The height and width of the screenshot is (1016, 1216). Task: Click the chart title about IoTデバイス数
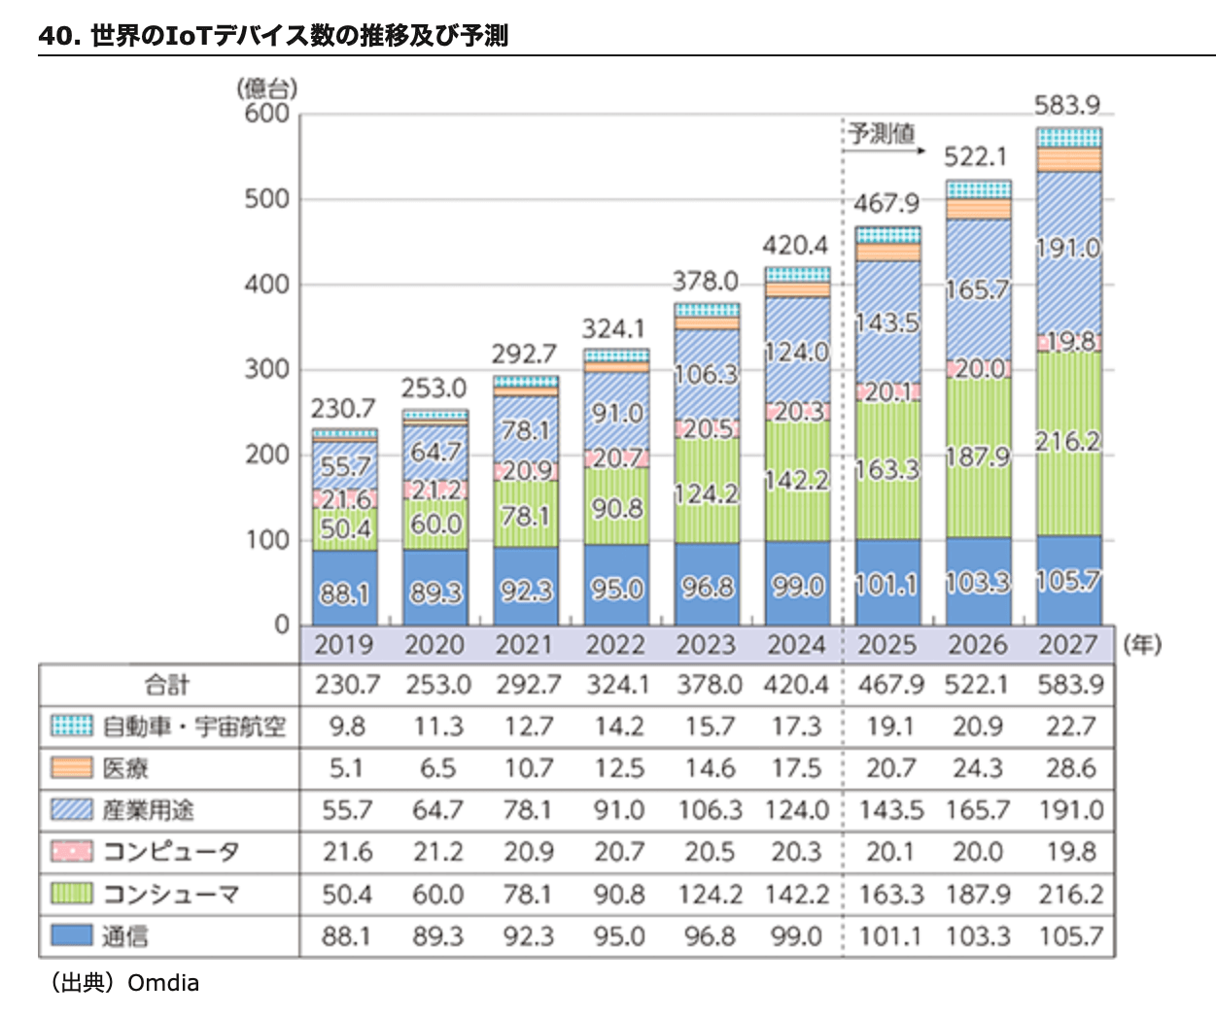coord(273,36)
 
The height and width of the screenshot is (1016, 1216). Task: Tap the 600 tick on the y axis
coord(267,114)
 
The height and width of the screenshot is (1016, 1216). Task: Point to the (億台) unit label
coord(267,87)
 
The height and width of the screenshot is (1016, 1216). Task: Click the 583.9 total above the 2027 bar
coord(1067,105)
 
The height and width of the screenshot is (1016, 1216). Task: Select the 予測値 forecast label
coord(882,133)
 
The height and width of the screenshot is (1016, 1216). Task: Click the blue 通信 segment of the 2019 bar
coord(345,588)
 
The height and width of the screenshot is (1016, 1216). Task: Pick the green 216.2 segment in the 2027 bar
coord(1068,442)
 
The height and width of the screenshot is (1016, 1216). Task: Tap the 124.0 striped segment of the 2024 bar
coord(797,352)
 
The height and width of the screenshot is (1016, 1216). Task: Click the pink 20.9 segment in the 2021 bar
coord(526,470)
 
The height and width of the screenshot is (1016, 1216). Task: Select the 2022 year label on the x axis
coord(615,645)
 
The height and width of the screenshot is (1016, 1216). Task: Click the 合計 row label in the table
coord(167,685)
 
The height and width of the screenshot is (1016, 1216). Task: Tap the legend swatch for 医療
coord(72,768)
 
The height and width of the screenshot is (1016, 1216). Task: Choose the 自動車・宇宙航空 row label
coord(194,727)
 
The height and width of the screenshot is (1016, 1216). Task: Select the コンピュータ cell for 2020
coord(437,852)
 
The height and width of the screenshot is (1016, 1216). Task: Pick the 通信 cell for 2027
coord(1070,936)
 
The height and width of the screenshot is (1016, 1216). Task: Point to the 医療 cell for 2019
coord(346,768)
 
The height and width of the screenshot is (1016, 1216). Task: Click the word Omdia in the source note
coord(163,983)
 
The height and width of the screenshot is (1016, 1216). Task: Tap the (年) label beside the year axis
coord(1142,645)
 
